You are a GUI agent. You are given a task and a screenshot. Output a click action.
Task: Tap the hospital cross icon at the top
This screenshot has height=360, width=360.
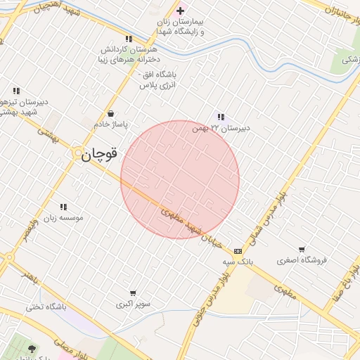click(180, 11)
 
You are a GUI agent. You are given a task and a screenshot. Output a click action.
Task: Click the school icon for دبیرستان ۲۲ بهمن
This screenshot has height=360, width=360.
click(221, 117)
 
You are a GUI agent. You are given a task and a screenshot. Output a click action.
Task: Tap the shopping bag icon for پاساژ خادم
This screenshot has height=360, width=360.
click(110, 113)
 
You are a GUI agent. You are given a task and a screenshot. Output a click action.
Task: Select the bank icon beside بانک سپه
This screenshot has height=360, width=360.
click(238, 250)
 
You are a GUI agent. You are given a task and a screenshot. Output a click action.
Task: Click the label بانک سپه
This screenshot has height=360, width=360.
click(238, 262)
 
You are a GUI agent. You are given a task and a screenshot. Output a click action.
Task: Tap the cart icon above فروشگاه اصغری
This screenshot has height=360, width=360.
click(302, 249)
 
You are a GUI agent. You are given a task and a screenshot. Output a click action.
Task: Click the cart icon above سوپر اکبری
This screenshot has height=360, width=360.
click(133, 292)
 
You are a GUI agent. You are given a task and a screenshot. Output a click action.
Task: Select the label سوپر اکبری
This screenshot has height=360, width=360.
click(133, 304)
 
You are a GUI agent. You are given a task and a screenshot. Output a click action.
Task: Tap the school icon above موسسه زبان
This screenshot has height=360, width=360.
click(63, 207)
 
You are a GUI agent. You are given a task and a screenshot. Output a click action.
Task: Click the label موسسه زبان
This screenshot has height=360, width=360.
click(64, 218)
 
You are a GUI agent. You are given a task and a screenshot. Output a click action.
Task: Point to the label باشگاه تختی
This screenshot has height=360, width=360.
click(46, 307)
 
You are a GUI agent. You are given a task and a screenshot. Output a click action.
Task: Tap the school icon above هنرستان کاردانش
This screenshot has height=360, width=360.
click(128, 39)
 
